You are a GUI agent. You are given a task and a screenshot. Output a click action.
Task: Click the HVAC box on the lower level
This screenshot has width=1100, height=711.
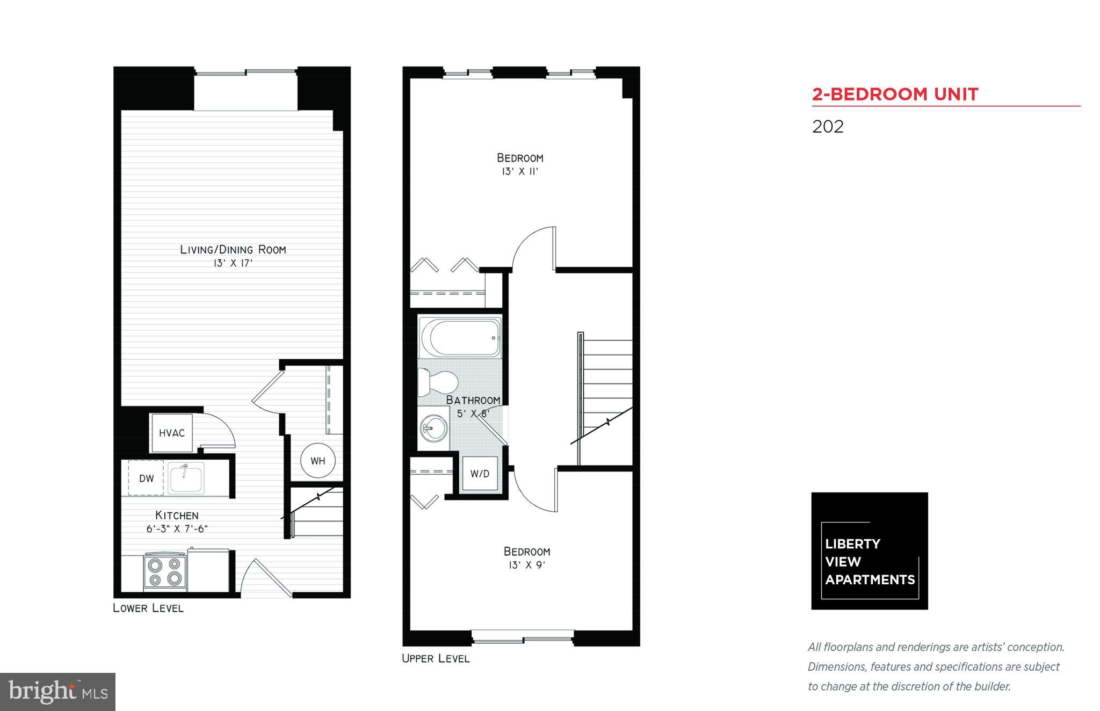[x=171, y=433]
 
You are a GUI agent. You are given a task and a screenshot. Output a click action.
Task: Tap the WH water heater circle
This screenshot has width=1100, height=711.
[x=317, y=460]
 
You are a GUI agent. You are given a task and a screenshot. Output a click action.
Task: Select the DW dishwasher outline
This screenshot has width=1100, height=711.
[x=146, y=478]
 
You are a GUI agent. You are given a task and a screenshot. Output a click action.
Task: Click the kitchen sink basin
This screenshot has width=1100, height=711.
[x=186, y=477]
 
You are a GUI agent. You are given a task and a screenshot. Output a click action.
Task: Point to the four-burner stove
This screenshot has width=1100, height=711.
[x=165, y=572]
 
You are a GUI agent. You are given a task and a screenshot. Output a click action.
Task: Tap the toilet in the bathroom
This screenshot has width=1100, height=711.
[x=437, y=382]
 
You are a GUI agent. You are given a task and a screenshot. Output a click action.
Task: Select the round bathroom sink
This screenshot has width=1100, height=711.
[x=434, y=428]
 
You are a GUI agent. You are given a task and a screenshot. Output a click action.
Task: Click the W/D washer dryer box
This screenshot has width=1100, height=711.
[x=480, y=473]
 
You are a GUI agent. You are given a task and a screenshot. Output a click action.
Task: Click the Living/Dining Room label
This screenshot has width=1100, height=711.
[x=233, y=250]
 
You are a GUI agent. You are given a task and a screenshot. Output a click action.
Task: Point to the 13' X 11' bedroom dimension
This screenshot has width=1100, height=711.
[x=519, y=172]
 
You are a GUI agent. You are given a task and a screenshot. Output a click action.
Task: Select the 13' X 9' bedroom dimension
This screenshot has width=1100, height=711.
[x=526, y=565]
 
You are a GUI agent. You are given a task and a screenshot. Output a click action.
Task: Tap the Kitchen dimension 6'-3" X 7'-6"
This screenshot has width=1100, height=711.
[x=177, y=529]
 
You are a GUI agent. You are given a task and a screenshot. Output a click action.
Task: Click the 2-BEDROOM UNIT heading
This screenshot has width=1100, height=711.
[x=895, y=95]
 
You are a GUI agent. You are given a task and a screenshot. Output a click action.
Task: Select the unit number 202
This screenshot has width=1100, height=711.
[x=828, y=127]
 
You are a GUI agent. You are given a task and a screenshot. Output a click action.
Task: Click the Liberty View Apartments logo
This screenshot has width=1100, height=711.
[x=869, y=550]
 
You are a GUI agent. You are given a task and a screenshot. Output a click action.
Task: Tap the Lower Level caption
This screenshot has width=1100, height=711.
[x=148, y=608]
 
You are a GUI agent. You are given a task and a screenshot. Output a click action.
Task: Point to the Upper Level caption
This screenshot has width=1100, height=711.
[x=436, y=658]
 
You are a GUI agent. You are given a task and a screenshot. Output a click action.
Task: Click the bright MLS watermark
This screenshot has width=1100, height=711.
[x=57, y=692]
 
